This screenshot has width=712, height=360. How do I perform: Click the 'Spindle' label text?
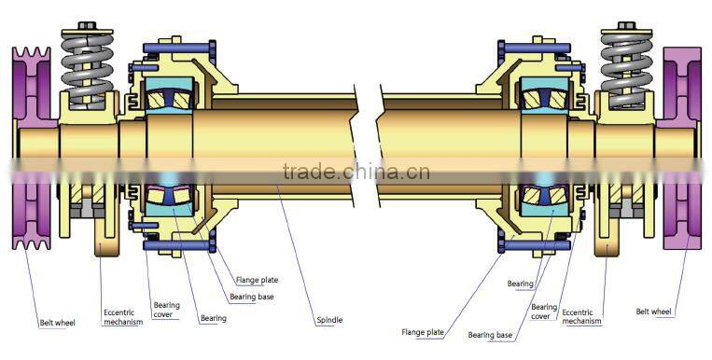328,320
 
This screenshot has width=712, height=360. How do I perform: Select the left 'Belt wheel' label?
58,323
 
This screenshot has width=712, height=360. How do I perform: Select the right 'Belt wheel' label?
653,312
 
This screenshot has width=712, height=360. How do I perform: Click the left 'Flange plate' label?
257,279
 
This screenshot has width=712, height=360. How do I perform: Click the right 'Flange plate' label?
423,330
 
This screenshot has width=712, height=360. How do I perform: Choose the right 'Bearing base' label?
490,334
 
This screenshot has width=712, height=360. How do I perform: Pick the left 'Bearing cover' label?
167,310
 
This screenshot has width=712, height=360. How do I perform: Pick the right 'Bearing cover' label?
544,311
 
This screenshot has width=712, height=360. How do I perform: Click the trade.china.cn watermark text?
356,172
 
